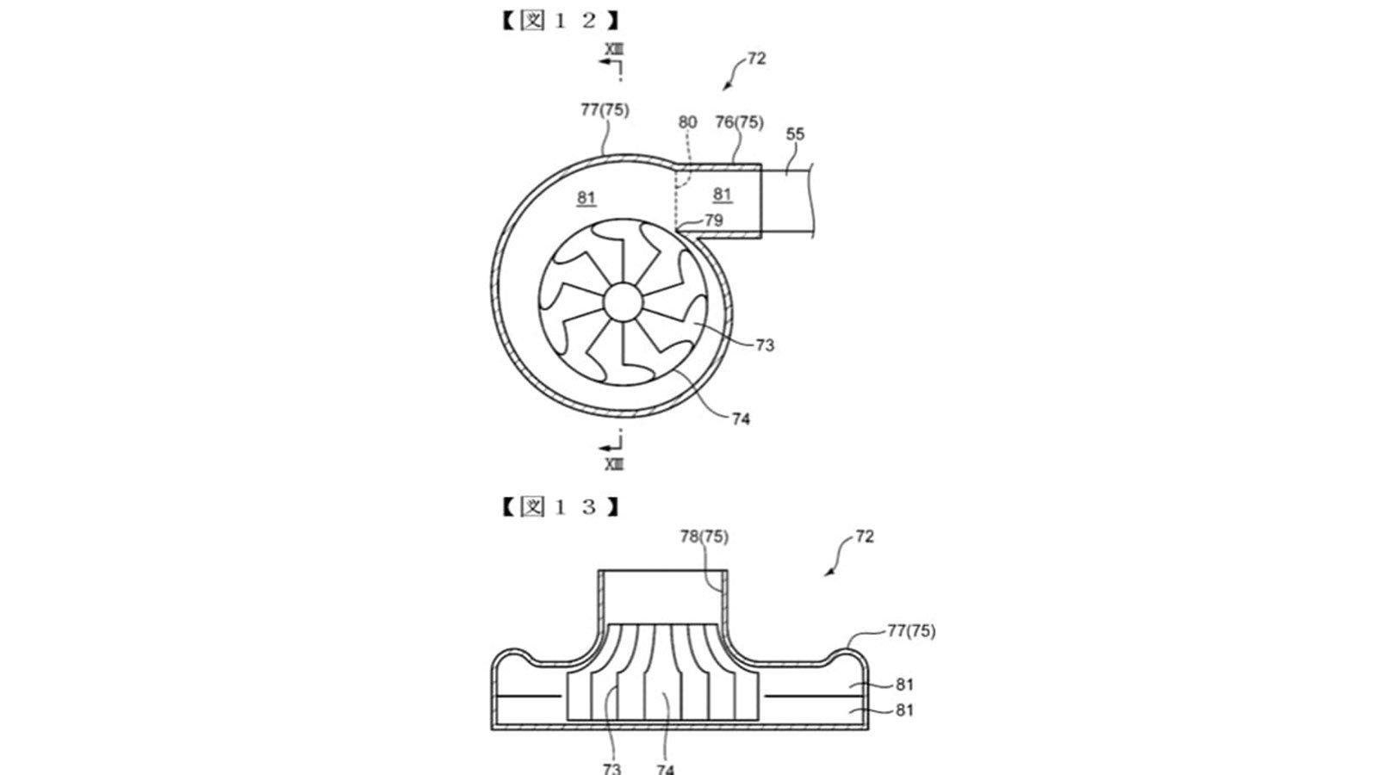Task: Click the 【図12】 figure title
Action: coord(559,21)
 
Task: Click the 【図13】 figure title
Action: coord(559,507)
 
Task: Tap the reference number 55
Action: coord(795,133)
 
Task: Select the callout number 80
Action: coord(687,121)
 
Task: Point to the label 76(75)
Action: coord(739,121)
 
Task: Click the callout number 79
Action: coord(714,220)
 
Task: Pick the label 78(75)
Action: coord(704,536)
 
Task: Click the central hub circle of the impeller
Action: coord(623,301)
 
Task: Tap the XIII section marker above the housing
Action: coord(613,49)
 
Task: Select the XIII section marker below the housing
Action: coord(613,464)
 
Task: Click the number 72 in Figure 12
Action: coord(757,59)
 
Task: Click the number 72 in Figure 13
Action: coord(865,536)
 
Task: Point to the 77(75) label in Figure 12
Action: coord(605,109)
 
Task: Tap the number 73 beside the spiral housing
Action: coord(765,345)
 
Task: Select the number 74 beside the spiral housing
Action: coord(741,418)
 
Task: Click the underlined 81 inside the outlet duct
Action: coord(722,195)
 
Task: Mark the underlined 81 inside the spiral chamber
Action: coord(586,198)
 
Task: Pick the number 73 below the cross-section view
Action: coord(611,768)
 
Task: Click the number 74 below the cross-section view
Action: coord(665,768)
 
